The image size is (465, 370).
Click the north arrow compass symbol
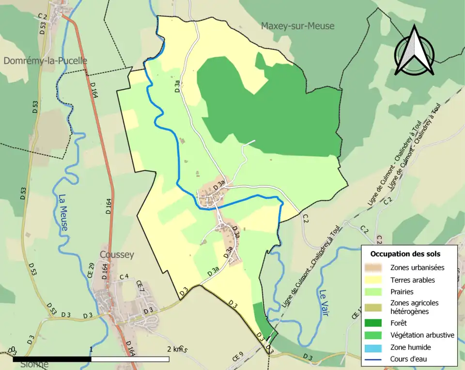tap(414, 51)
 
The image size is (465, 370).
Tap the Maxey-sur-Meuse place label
tap(297, 26)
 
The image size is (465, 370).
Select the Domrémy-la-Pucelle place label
tap(45, 61)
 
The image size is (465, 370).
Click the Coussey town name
tap(116, 255)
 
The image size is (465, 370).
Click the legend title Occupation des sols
tap(405, 254)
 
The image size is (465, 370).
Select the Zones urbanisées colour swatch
tap(374, 267)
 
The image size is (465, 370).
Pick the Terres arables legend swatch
tap(374, 280)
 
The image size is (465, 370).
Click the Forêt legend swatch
tap(374, 322)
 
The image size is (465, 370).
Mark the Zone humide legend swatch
tap(374, 347)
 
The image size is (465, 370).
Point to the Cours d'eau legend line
tap(374, 359)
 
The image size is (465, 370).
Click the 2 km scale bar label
tap(174, 349)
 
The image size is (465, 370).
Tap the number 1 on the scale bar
tap(91, 349)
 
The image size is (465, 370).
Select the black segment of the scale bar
tap(52, 359)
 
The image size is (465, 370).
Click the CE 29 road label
tap(91, 270)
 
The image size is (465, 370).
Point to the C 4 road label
tap(124, 277)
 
